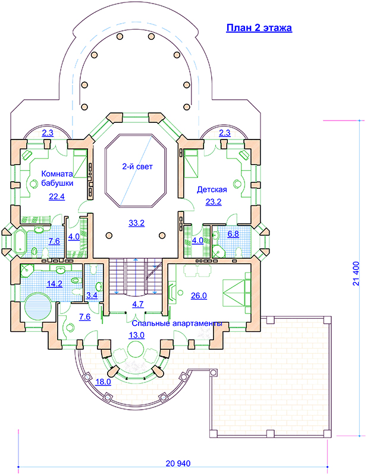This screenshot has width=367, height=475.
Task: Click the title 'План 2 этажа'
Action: click(259, 27)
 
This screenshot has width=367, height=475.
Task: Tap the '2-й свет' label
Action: click(137, 166)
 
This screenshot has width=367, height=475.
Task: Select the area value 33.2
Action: click(137, 223)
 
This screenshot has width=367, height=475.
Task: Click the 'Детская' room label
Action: click(212, 189)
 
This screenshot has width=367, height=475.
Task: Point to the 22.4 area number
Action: click(57, 197)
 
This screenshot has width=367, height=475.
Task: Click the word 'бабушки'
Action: click(57, 183)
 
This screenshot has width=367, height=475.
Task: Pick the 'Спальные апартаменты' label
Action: click(177, 323)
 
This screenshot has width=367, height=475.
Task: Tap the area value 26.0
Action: click(199, 296)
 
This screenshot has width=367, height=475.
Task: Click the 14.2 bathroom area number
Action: click(55, 284)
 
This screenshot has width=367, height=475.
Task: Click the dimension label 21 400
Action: click(356, 274)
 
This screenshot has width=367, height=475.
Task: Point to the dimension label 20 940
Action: click(178, 464)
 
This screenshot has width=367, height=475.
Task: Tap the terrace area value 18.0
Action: click(103, 382)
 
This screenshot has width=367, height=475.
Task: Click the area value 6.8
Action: click(233, 234)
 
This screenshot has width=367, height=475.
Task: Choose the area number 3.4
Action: click(92, 295)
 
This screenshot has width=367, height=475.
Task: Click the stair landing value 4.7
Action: click(138, 304)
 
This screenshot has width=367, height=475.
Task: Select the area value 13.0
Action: click(137, 335)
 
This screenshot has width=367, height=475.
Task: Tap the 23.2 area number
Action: click(214, 202)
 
